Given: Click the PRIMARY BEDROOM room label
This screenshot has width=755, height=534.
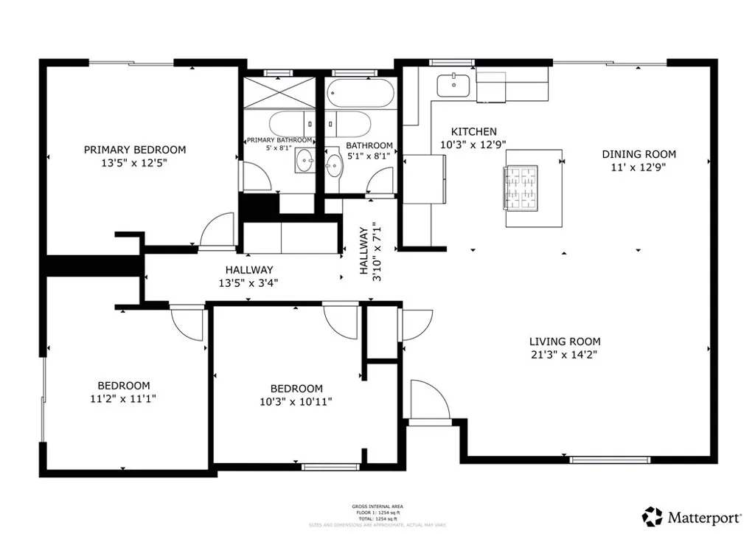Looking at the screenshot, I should pyautogui.click(x=134, y=150).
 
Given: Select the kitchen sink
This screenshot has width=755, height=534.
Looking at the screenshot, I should pyautogui.click(x=452, y=86).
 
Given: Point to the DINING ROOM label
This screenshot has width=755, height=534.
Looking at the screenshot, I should pyautogui.click(x=639, y=154).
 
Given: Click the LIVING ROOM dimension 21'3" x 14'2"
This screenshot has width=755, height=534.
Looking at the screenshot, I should pyautogui.click(x=565, y=355).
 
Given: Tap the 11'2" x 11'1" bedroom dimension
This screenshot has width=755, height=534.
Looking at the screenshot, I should pyautogui.click(x=124, y=398).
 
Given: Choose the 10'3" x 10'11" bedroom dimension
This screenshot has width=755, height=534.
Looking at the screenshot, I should pyautogui.click(x=296, y=402).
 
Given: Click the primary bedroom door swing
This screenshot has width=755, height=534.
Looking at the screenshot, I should pyautogui.click(x=217, y=230).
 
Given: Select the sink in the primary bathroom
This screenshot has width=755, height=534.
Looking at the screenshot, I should pyautogui.click(x=305, y=160).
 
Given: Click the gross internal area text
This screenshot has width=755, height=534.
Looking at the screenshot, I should pyautogui.click(x=377, y=507).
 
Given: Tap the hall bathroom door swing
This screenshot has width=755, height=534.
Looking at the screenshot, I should pyautogui.click(x=382, y=181).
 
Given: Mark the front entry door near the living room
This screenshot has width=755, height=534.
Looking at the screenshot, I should pyautogui.click(x=428, y=401).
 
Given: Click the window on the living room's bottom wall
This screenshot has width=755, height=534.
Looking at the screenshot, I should pyautogui.click(x=610, y=460).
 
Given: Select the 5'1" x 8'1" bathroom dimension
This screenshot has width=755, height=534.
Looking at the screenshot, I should pyautogui.click(x=369, y=156).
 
